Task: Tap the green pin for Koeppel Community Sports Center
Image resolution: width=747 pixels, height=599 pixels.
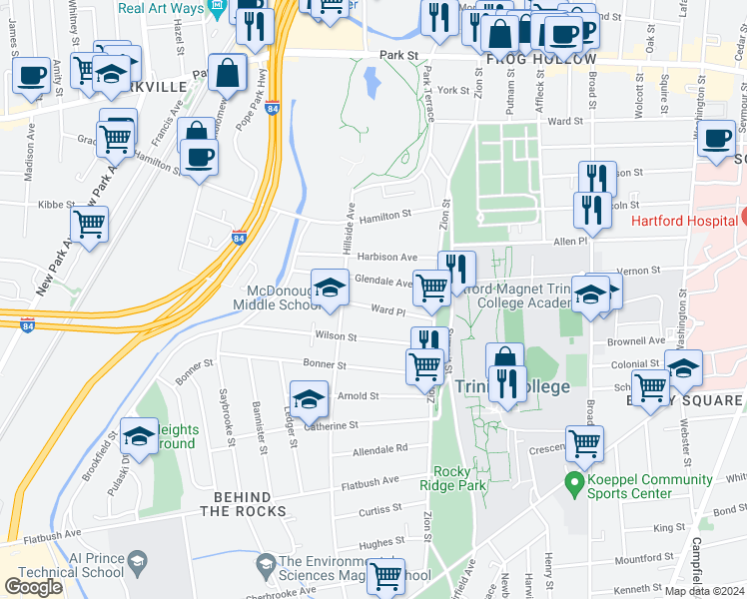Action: (x=574, y=486)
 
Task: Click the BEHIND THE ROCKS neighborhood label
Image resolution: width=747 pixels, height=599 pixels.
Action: (x=243, y=504)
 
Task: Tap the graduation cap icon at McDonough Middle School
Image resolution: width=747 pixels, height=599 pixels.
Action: (x=327, y=289)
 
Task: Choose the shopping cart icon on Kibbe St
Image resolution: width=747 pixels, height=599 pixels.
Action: (x=90, y=224)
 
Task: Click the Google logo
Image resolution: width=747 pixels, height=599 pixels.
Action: (x=34, y=587)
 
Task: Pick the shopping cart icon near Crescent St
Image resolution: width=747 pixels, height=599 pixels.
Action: (x=584, y=441)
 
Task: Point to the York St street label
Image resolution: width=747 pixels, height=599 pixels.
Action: (x=453, y=90)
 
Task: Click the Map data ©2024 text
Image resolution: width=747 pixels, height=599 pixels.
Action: (x=704, y=591)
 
